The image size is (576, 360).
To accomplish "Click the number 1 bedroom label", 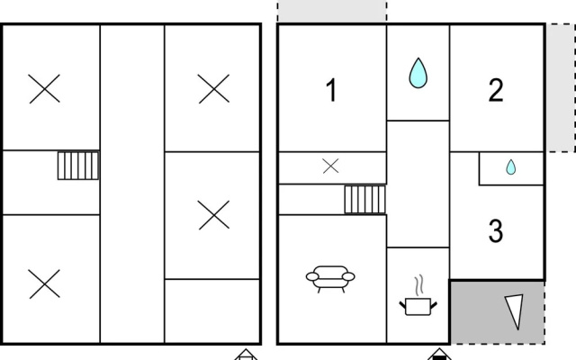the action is pyautogui.click(x=332, y=90).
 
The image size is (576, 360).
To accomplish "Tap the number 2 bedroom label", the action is pyautogui.click(x=496, y=90).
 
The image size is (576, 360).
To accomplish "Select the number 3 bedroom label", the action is pyautogui.click(x=496, y=230).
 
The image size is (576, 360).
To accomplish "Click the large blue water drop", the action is pyautogui.click(x=418, y=73).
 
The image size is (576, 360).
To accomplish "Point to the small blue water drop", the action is pyautogui.click(x=510, y=166).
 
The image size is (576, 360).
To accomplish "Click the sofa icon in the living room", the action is pyautogui.click(x=330, y=279).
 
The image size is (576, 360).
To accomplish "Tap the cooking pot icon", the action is pyautogui.click(x=418, y=306).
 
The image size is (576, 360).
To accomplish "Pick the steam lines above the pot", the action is pyautogui.click(x=419, y=285).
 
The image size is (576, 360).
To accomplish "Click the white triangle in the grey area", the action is pyautogui.click(x=515, y=310).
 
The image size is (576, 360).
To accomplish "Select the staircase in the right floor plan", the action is pyautogui.click(x=364, y=200).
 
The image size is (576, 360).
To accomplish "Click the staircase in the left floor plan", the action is pyautogui.click(x=78, y=166).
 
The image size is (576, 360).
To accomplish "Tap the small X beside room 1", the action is pyautogui.click(x=330, y=166).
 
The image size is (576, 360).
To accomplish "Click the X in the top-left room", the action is pyautogui.click(x=44, y=88).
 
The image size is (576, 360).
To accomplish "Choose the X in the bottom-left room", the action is pyautogui.click(x=44, y=283).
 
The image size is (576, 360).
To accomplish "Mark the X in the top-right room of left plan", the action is pyautogui.click(x=214, y=88).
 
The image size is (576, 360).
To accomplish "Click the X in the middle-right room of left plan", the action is pyautogui.click(x=214, y=215).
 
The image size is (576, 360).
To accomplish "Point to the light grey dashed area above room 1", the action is pyautogui.click(x=332, y=12).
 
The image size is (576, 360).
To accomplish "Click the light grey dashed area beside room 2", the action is pyautogui.click(x=561, y=88).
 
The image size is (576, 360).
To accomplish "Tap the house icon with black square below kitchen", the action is pyautogui.click(x=439, y=355).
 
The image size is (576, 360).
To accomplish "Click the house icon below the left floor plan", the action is pyautogui.click(x=246, y=355).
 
